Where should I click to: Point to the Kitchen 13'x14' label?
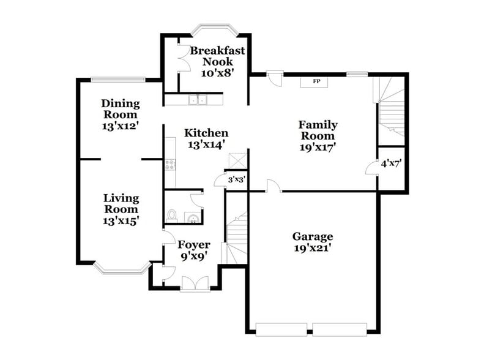pos(207,138)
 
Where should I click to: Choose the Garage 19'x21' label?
pos(312,242)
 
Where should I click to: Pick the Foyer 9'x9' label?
pos(194,250)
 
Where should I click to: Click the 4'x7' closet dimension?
pos(391,163)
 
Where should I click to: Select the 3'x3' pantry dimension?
pos(236,180)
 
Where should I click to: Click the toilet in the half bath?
pos(172,216)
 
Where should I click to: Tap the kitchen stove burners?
pos(170,164)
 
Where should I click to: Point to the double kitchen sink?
pos(198,100)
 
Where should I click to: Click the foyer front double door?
pos(195,283)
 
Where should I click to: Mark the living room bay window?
pos(121,268)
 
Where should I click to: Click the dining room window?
pos(117,79)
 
